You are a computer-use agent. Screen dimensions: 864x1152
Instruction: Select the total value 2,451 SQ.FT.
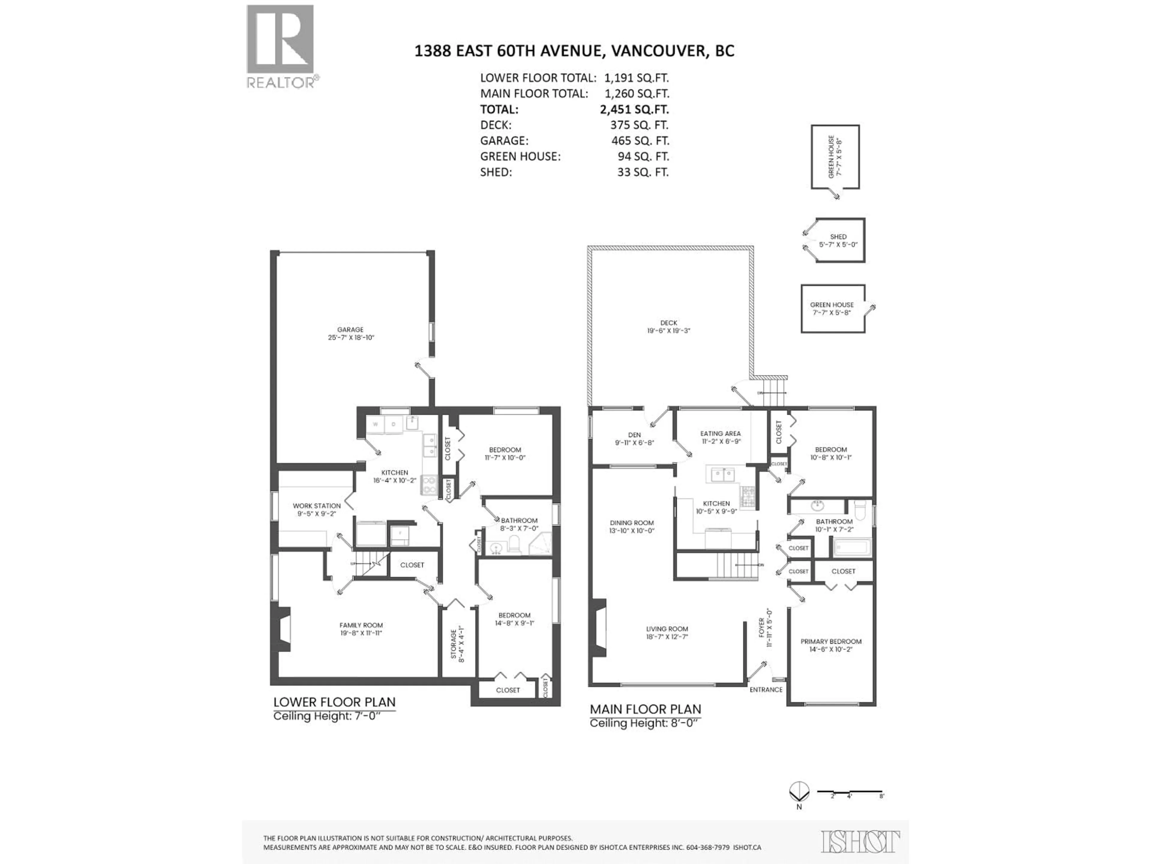(x=634, y=110)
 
